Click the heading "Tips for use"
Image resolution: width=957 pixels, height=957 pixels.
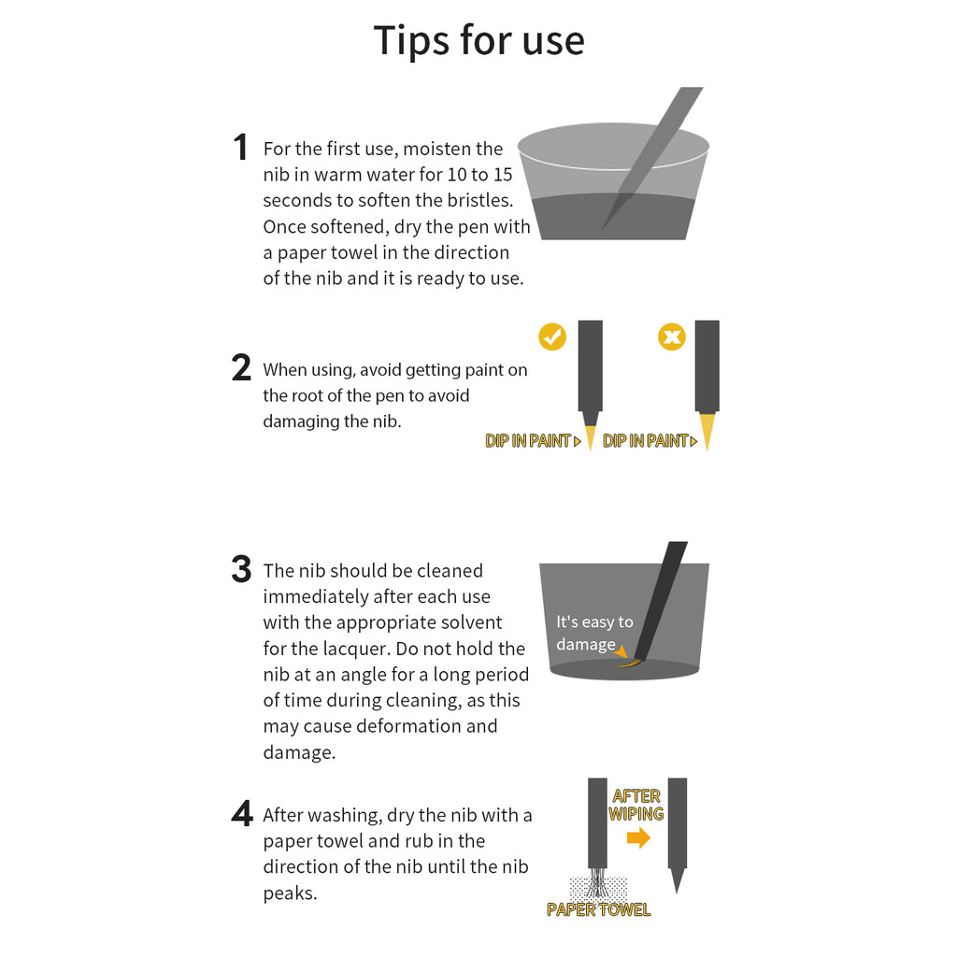(x=479, y=41)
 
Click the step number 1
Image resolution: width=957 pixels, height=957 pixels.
(x=240, y=147)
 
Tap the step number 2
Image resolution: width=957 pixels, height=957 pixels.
(x=241, y=368)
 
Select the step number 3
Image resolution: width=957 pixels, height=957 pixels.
(x=241, y=569)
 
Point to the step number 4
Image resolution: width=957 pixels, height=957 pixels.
(x=242, y=813)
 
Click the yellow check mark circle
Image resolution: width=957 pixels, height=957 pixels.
(x=552, y=336)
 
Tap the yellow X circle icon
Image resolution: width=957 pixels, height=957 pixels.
(x=671, y=336)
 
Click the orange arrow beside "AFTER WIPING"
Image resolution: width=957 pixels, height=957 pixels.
(x=638, y=837)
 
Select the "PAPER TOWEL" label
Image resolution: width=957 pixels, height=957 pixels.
(x=599, y=909)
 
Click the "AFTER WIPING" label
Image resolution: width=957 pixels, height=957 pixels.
(x=636, y=805)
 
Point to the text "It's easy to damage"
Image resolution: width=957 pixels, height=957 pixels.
(x=593, y=633)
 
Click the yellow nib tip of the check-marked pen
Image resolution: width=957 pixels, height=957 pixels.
(x=591, y=437)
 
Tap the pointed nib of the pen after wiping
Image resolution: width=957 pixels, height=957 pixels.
(x=677, y=879)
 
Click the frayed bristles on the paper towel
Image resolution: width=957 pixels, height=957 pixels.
(x=597, y=882)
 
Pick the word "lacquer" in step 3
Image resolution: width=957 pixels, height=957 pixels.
(x=354, y=649)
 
